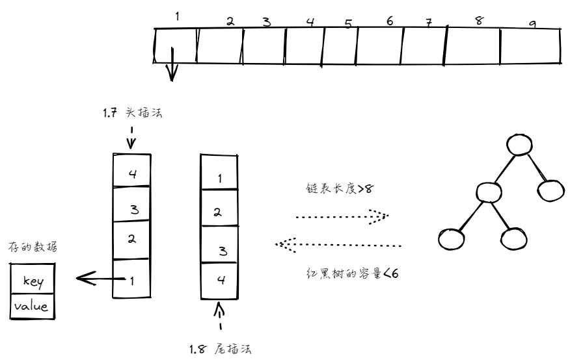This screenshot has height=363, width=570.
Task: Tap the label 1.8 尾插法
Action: coord(220,349)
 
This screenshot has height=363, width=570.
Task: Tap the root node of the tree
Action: coord(518,145)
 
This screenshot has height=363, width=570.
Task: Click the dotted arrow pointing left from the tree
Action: coord(338,245)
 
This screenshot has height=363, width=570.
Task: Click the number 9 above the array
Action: coord(533,24)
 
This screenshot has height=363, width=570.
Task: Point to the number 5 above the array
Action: coord(348,25)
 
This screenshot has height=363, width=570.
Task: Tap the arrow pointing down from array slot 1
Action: coord(172,66)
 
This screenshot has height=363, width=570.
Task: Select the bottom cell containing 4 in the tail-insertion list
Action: coord(220,281)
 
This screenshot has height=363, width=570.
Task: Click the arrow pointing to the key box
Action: coord(98,279)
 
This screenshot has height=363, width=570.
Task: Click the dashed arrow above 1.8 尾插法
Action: coord(220,317)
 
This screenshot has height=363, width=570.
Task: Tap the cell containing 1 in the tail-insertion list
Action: coord(220,178)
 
